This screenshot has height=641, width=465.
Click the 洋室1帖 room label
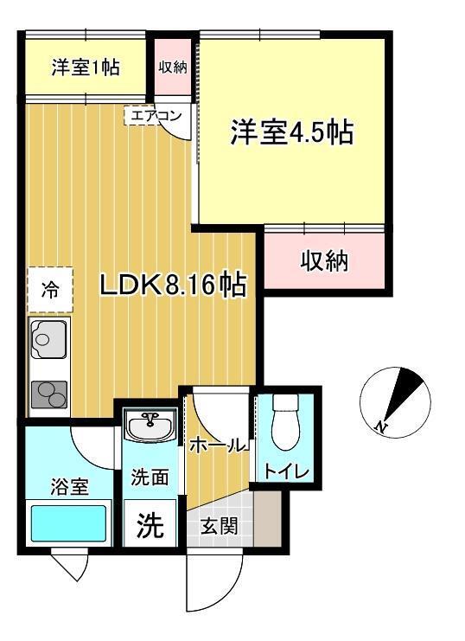pyautogui.click(x=86, y=67)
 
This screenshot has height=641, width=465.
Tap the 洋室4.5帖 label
pyautogui.click(x=292, y=132)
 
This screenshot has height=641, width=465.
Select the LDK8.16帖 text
pyautogui.click(x=173, y=285)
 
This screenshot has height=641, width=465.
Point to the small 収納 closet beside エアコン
pyautogui.click(x=173, y=67)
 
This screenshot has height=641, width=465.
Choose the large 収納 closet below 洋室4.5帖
pyautogui.click(x=325, y=260)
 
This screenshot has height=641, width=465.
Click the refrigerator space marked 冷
pyautogui.click(x=50, y=290)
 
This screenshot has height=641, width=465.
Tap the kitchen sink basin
pyautogui.click(x=48, y=339)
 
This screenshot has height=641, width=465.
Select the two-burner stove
pyautogui.click(x=49, y=394)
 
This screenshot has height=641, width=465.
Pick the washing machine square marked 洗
pyautogui.click(x=150, y=523)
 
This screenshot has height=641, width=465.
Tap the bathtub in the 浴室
pyautogui.click(x=68, y=522)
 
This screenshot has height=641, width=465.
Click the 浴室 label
pyautogui.click(x=69, y=486)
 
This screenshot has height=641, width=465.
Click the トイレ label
pyautogui.click(x=286, y=471)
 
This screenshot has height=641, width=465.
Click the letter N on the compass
pyautogui.click(x=381, y=426)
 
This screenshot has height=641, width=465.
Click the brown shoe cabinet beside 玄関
pyautogui.click(x=268, y=518)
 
